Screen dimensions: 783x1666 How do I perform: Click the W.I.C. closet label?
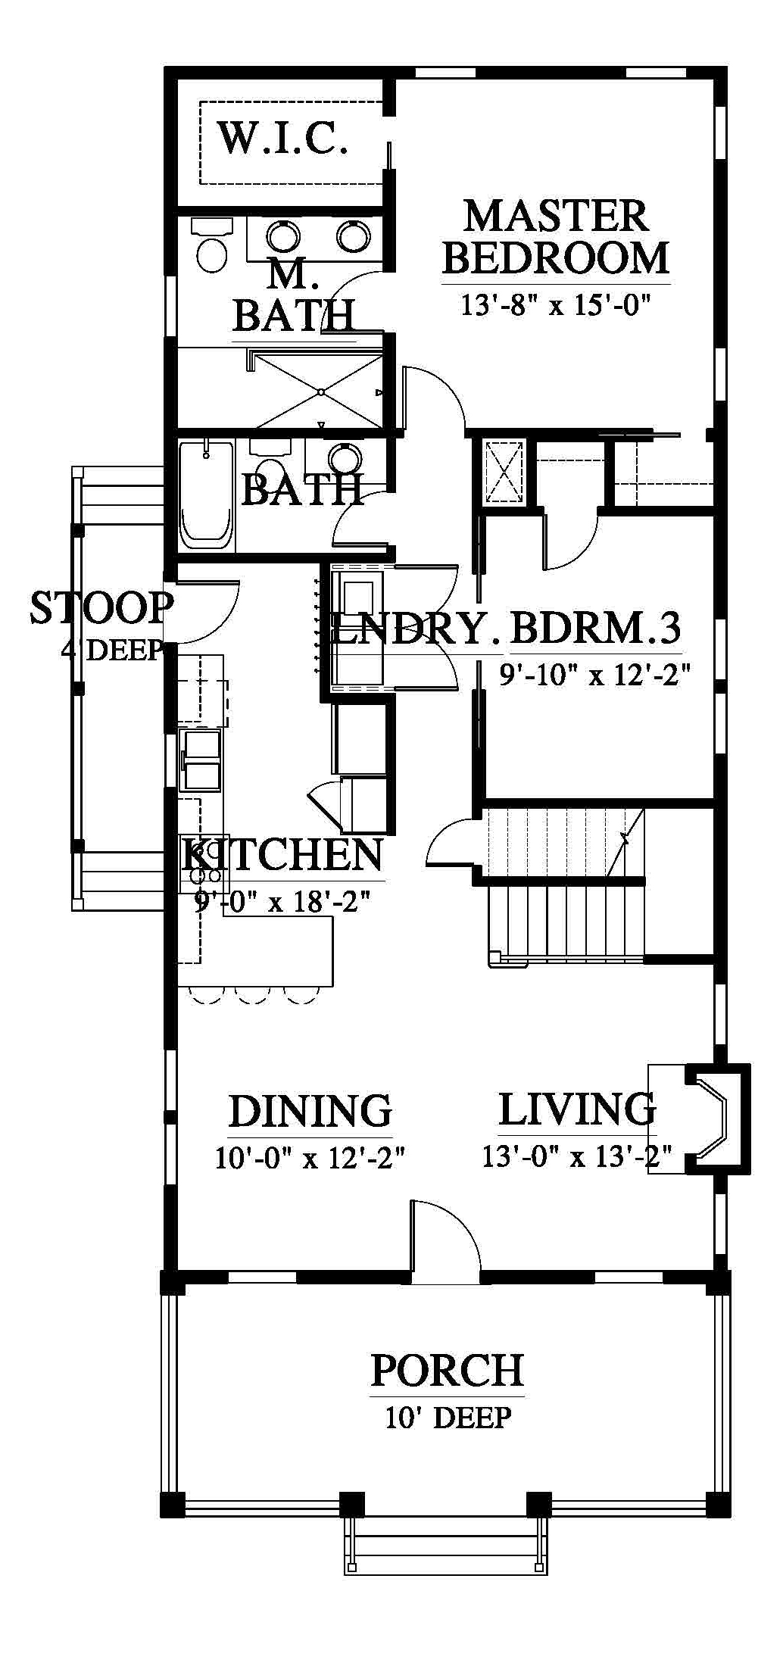[283, 138]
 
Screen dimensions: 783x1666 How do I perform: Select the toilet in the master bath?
[212, 245]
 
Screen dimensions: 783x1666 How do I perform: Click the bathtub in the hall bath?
[206, 495]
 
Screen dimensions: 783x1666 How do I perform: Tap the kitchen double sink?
[201, 760]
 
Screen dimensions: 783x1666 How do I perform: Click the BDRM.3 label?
[596, 628]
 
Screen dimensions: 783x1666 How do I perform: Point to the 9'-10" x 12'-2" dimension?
[596, 673]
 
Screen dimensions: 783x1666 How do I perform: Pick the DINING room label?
[310, 1112]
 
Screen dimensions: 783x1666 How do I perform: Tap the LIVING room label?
[577, 1109]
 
